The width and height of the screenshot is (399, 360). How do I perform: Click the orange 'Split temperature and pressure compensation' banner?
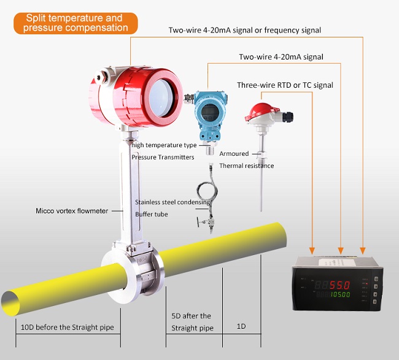coord(74,23)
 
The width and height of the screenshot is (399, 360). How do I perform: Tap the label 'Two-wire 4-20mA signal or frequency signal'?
coord(244,30)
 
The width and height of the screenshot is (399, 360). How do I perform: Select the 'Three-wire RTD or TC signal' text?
coord(285,85)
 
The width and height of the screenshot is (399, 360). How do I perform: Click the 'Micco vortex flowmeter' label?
coord(72,211)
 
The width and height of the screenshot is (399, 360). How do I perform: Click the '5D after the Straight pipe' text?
coord(191,322)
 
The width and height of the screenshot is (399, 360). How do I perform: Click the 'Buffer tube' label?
coord(151,215)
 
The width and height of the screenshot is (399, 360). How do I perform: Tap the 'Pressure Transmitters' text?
coord(163,157)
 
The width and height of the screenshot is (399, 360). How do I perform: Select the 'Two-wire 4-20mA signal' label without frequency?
coord(281,57)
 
